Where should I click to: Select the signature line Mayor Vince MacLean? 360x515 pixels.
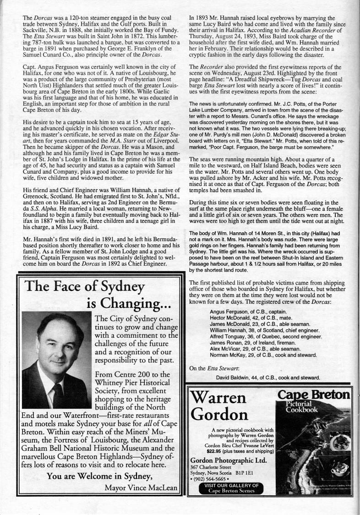pyautogui.click(x=141, y=488)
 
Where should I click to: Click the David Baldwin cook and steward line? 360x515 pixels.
pyautogui.click(x=267, y=378)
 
